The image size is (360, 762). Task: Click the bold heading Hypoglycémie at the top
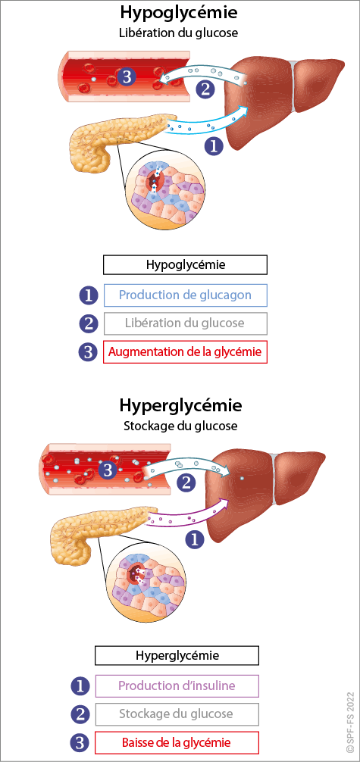180,13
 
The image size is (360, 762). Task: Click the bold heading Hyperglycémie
180,404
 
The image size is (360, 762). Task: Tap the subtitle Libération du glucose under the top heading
180,34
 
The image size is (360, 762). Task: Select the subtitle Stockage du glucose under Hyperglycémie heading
180,426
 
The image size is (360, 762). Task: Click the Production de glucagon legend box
186,295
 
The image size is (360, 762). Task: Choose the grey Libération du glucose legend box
186,323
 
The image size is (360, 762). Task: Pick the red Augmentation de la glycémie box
186,351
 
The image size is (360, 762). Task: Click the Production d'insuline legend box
177,685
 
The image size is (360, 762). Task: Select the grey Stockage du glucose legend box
177,714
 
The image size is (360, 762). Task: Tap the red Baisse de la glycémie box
177,742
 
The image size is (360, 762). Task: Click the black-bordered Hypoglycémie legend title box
186,265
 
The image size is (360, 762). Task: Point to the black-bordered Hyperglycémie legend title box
177,655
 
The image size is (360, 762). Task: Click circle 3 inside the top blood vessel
127,77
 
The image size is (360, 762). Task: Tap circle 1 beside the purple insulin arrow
195,539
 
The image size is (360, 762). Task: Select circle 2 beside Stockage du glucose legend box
80,714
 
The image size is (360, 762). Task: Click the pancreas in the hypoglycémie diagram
117,139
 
